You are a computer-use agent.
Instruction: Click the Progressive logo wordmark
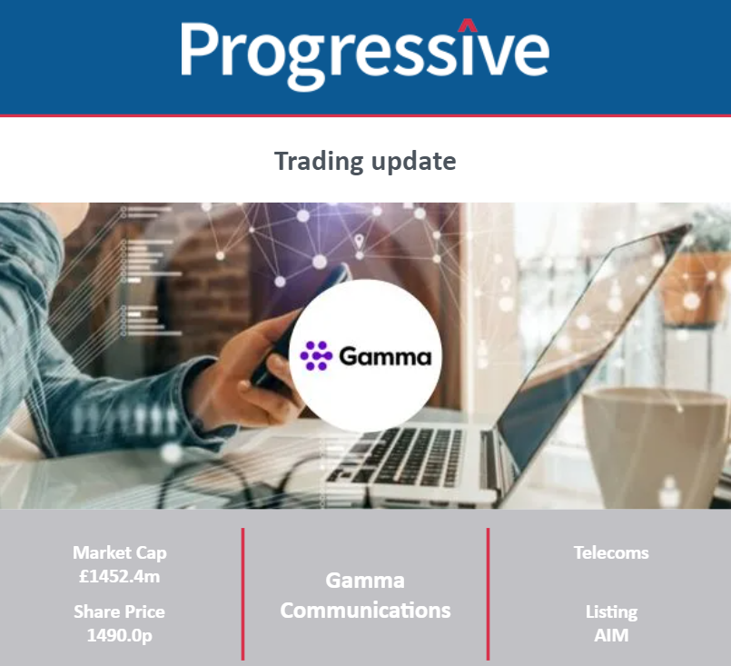pyautogui.click(x=365, y=54)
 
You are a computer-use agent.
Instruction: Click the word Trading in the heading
pyautogui.click(x=319, y=162)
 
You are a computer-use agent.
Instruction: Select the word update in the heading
pyautogui.click(x=413, y=162)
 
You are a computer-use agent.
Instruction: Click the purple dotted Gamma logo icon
pyautogui.click(x=316, y=356)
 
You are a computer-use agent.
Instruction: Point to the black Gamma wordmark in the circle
pyautogui.click(x=385, y=357)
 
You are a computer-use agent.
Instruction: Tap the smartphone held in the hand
pyautogui.click(x=299, y=326)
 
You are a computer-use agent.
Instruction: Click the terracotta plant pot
pyautogui.click(x=695, y=289)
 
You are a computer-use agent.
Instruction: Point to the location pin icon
pyautogui.click(x=359, y=242)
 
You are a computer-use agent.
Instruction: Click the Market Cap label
pyautogui.click(x=119, y=553)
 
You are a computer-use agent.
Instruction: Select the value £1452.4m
pyautogui.click(x=119, y=576)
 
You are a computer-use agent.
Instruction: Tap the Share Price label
pyautogui.click(x=119, y=611)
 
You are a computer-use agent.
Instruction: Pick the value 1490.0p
pyautogui.click(x=119, y=635)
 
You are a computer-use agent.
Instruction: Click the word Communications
pyautogui.click(x=365, y=611)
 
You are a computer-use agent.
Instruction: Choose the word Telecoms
pyautogui.click(x=611, y=552)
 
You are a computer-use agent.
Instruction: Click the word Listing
pyautogui.click(x=611, y=612)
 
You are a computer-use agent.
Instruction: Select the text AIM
pyautogui.click(x=611, y=635)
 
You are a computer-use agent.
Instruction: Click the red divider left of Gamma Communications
pyautogui.click(x=242, y=594)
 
